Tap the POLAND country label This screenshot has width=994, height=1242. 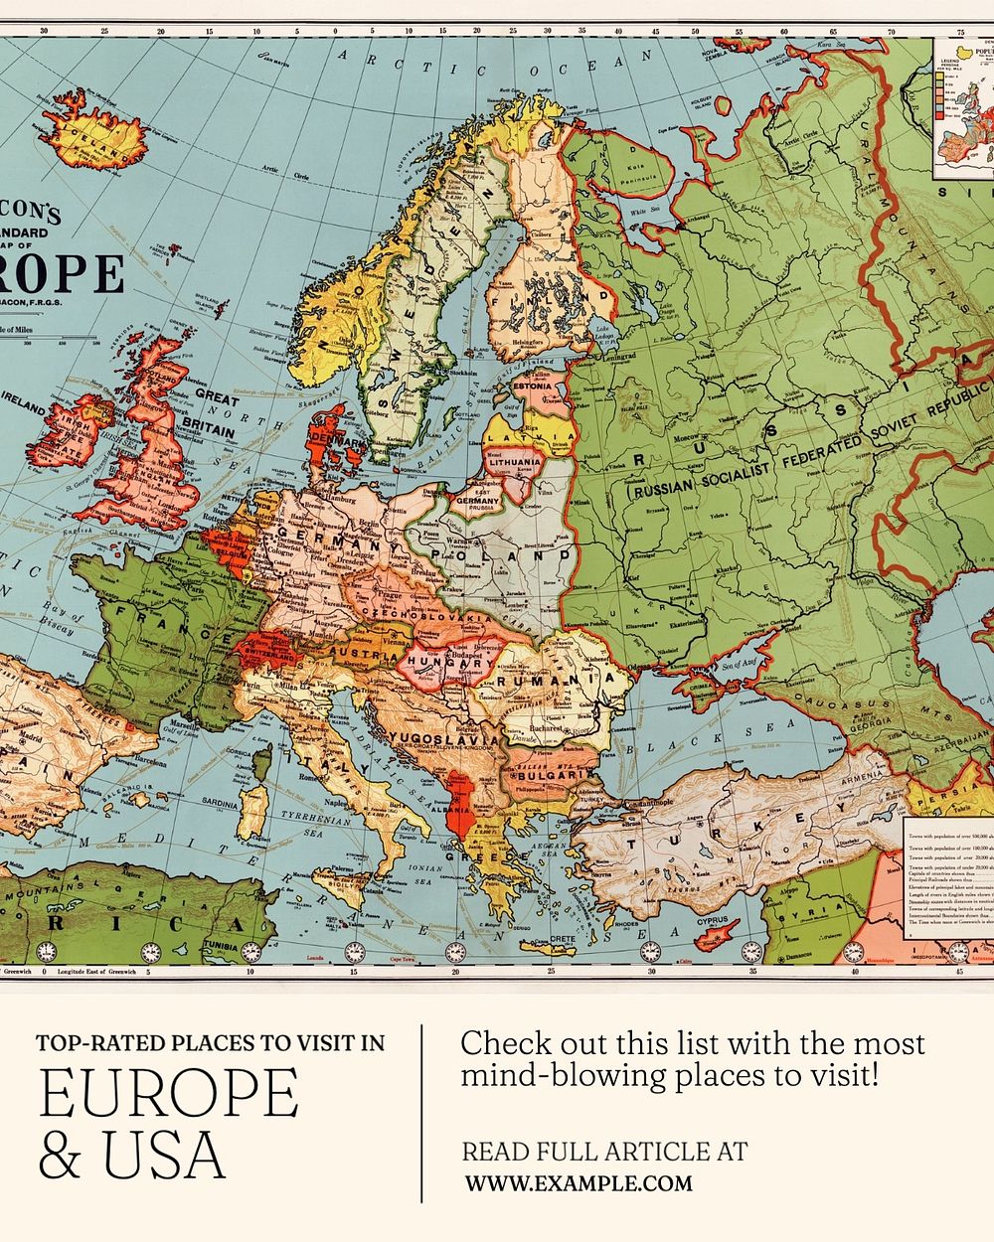pyautogui.click(x=509, y=556)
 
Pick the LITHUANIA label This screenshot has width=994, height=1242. pyautogui.click(x=514, y=462)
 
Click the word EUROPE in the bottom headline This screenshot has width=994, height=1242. pyautogui.click(x=168, y=1093)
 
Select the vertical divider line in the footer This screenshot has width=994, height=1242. pyautogui.click(x=422, y=1113)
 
